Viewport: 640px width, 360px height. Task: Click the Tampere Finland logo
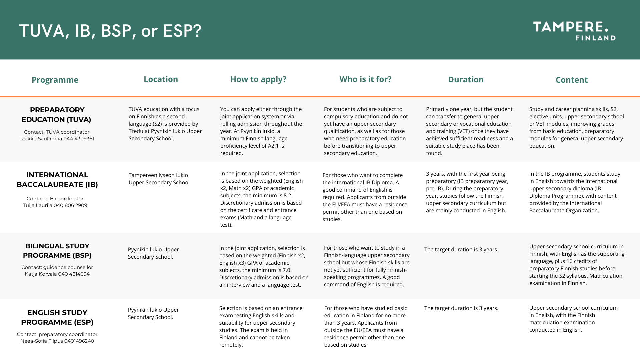[574, 31]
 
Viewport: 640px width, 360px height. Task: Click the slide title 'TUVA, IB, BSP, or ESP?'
[110, 31]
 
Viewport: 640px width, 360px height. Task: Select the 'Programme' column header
[55, 80]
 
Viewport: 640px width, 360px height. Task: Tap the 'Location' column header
[161, 79]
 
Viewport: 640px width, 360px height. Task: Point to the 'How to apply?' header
[258, 79]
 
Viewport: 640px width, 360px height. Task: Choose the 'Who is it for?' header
[365, 79]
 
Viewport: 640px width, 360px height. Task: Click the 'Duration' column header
[466, 79]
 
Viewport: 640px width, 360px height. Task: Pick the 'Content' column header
[571, 80]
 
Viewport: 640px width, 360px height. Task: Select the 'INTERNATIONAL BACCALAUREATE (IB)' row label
[57, 180]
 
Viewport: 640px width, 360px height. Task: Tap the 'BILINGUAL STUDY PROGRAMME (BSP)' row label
[57, 251]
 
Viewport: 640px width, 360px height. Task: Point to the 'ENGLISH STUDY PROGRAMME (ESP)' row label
[57, 317]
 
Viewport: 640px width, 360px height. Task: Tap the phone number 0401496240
[79, 341]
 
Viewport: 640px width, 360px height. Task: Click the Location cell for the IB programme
[159, 179]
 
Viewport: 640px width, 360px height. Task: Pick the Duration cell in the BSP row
[461, 249]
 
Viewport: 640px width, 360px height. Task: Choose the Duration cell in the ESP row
[461, 308]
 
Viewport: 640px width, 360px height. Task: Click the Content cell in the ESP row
[573, 319]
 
